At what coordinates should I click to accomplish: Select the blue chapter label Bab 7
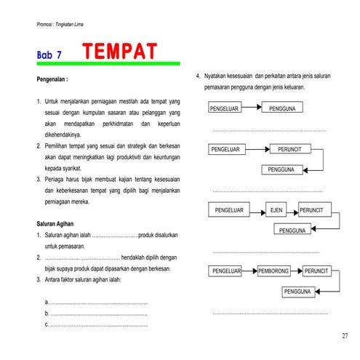pyautogui.click(x=49, y=55)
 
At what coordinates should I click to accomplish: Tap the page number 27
pyautogui.click(x=344, y=336)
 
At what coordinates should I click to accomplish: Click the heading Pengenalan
pyautogui.click(x=52, y=79)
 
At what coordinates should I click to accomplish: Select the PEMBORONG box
pyautogui.click(x=275, y=271)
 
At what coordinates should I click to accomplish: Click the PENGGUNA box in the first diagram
pyautogui.click(x=281, y=108)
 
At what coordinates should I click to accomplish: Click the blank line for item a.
pyautogui.click(x=98, y=302)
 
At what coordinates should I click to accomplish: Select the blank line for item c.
pyautogui.click(x=98, y=324)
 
